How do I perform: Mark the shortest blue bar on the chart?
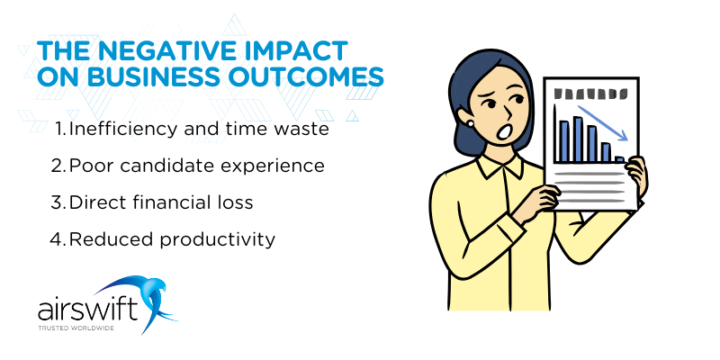tap(619, 159)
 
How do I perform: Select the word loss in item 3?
tap(237, 202)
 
